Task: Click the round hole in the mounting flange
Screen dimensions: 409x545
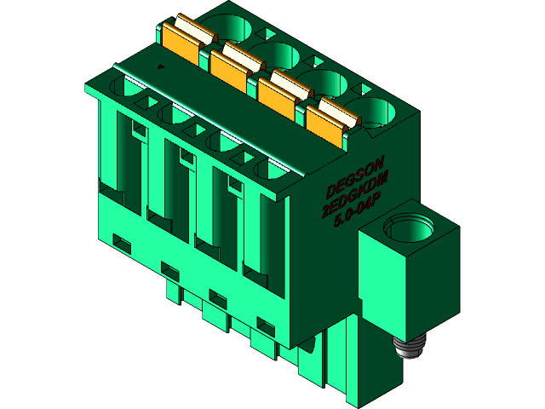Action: pos(409,228)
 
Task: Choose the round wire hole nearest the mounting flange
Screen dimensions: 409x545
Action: pos(373,112)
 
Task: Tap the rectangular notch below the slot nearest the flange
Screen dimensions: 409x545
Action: pos(267,325)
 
